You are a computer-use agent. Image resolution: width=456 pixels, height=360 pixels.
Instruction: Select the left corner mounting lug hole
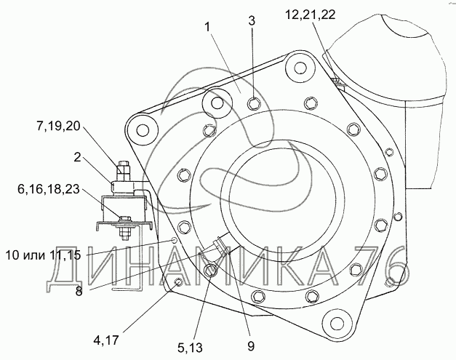142,132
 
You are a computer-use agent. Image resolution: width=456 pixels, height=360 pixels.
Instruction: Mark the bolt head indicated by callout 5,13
210,271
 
